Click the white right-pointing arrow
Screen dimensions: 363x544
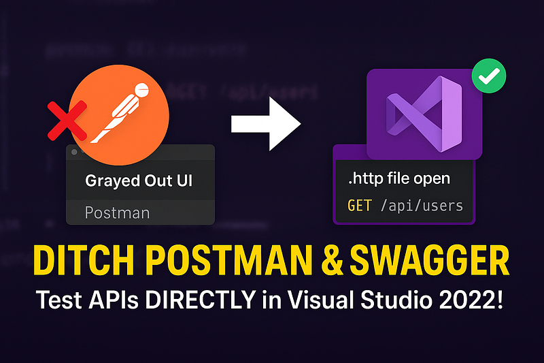[266, 123]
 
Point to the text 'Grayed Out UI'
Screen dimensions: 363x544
[139, 181]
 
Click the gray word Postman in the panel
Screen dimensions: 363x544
[117, 212]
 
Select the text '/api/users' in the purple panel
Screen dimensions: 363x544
[422, 205]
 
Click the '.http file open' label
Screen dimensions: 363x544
[398, 179]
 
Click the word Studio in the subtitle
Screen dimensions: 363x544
[395, 300]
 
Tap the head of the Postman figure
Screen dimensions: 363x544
[142, 90]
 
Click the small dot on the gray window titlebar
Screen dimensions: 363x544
[74, 152]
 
